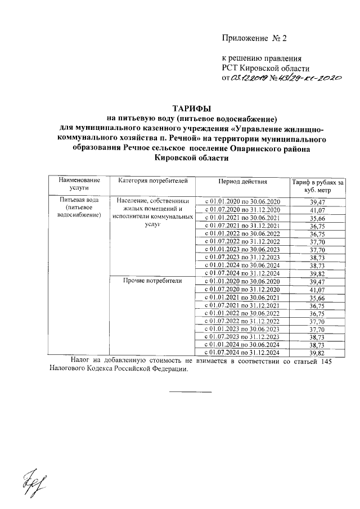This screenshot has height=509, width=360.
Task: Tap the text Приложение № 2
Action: [x=254, y=39]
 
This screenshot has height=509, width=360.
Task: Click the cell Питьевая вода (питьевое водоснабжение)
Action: [x=82, y=208]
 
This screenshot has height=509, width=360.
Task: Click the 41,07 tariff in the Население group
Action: [x=318, y=209]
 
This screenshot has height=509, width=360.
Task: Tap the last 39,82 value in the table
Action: [x=318, y=352]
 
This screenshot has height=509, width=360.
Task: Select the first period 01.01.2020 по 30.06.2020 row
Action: [x=245, y=201]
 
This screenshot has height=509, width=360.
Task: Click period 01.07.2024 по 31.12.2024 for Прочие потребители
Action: [x=245, y=352]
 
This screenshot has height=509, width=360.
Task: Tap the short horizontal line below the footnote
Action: [x=191, y=391]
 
